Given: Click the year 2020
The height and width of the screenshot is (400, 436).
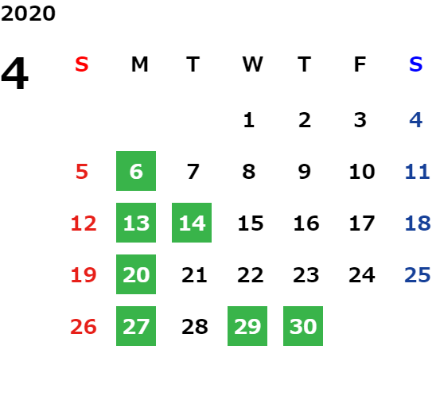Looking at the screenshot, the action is click(28, 14).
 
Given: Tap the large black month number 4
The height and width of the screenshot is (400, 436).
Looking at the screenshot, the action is click(14, 73).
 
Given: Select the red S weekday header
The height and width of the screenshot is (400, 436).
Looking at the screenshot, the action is click(82, 64).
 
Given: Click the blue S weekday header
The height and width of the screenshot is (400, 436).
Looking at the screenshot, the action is click(416, 64).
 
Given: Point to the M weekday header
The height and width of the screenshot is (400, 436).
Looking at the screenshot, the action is click(139, 64).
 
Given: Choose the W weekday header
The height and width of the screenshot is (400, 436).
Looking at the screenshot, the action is click(252, 64).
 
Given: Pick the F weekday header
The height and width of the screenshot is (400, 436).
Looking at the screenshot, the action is click(360, 64).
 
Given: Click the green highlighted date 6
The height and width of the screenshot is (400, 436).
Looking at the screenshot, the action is click(136, 171).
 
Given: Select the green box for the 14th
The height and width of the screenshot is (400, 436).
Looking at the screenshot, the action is click(192, 223).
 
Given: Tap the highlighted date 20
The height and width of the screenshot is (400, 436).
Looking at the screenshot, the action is click(136, 274).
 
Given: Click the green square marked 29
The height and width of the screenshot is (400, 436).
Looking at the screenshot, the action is click(247, 326).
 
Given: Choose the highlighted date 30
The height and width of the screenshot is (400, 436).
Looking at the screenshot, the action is click(303, 326).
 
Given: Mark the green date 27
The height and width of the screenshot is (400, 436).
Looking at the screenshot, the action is click(136, 326).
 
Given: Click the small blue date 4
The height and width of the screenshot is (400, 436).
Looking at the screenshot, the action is click(416, 120).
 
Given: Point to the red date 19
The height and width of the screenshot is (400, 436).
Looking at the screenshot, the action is click(84, 275).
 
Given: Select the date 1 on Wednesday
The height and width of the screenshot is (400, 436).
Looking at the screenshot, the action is click(249, 120).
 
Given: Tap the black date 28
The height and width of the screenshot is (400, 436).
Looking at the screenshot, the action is click(195, 327).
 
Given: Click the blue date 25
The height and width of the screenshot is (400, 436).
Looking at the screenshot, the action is click(418, 275).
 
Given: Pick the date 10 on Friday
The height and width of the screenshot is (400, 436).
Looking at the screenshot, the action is click(362, 172).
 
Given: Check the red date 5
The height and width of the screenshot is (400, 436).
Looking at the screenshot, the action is click(82, 172).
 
